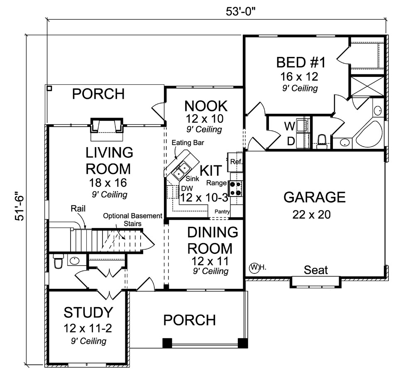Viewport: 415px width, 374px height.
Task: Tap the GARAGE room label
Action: point(314,197)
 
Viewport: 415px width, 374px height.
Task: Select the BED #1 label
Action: point(301,63)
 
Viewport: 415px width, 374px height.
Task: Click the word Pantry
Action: point(222,212)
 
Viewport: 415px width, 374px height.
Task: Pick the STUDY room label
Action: point(88,312)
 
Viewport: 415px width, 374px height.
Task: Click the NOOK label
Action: point(206,106)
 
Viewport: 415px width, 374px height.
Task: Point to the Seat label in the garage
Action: point(316,270)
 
